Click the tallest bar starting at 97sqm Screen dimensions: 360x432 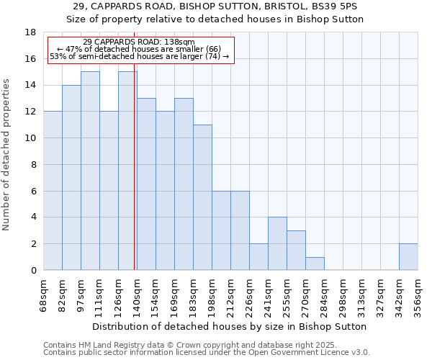coord(90,171)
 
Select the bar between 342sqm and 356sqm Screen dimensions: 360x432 coord(408,256)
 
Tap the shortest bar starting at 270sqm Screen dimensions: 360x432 coord(315,264)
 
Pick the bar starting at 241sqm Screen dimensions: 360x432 coord(277,243)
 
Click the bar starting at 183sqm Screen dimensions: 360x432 coord(202,197)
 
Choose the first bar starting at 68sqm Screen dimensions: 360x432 coord(53,191)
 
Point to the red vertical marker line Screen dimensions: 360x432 coord(135,180)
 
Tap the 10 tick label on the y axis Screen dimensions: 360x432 coord(31,138)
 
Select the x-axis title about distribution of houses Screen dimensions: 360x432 coord(230,326)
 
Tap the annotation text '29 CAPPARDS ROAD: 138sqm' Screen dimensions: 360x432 coord(139,42)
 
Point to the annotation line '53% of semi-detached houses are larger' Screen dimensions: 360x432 coord(139,56)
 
